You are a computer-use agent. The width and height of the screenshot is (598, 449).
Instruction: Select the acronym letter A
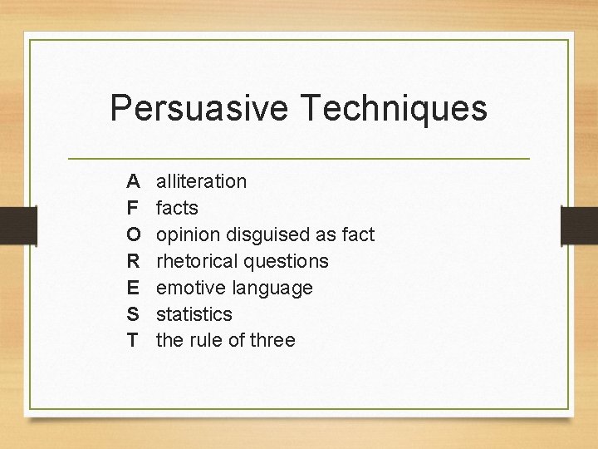pyautogui.click(x=133, y=180)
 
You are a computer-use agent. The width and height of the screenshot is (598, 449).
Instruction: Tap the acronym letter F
pyautogui.click(x=133, y=207)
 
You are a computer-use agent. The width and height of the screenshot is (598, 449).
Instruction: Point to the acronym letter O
pyautogui.click(x=134, y=234)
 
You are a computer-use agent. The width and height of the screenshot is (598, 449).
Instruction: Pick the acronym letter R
pyautogui.click(x=134, y=260)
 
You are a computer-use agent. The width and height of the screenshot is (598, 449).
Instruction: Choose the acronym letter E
pyautogui.click(x=133, y=287)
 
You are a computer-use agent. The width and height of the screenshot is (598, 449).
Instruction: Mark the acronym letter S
pyautogui.click(x=133, y=313)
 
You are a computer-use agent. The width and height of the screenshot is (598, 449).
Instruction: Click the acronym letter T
pyautogui.click(x=133, y=340)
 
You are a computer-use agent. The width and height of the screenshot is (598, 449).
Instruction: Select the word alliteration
pyautogui.click(x=201, y=180)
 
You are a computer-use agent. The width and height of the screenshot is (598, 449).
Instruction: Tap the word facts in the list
pyautogui.click(x=177, y=207)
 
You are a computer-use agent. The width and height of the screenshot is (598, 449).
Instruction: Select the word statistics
pyautogui.click(x=194, y=313)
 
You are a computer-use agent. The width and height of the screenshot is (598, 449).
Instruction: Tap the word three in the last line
pyautogui.click(x=272, y=340)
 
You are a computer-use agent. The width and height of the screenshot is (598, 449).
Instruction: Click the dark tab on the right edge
pyautogui.click(x=580, y=225)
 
